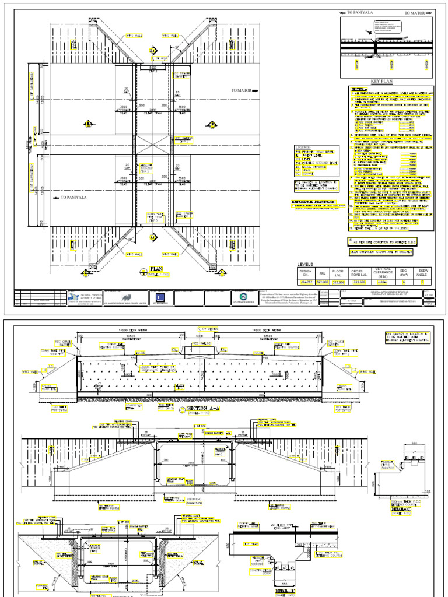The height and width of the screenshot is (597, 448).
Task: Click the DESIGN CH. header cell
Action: [x=306, y=273]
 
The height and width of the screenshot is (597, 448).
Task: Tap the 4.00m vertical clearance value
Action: [x=379, y=282]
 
